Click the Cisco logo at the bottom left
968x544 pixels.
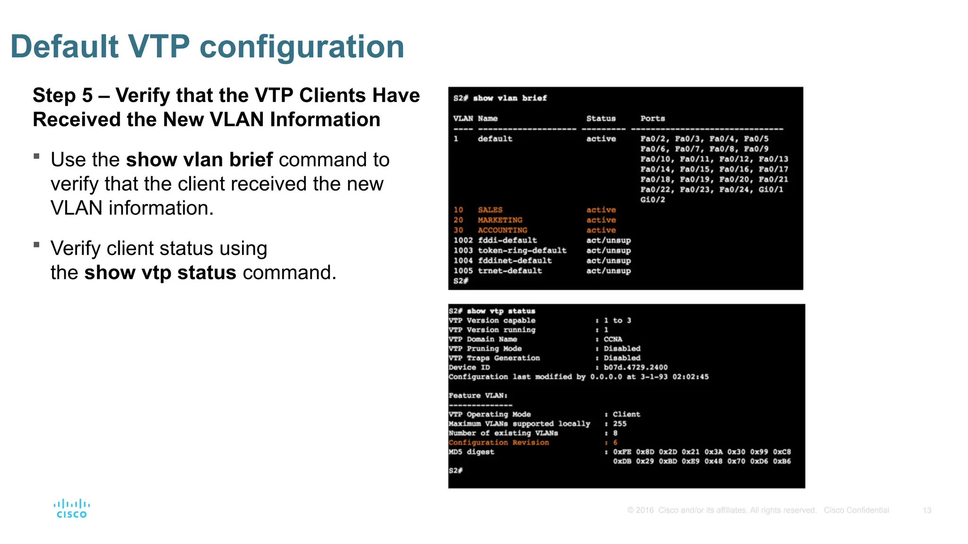tap(72, 509)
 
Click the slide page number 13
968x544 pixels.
tap(926, 510)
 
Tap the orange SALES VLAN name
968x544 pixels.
tap(490, 210)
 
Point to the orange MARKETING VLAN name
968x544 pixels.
tap(500, 220)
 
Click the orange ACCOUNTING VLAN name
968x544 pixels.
tap(502, 230)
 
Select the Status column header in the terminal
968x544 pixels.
tap(601, 119)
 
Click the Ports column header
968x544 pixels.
tap(652, 119)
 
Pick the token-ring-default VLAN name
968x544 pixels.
tap(522, 250)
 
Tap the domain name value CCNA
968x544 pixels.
tap(613, 339)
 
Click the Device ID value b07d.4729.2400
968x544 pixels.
tap(636, 367)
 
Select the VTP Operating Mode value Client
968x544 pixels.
tap(626, 414)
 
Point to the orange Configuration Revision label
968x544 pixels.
tap(499, 442)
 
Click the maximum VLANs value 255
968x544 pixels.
tap(620, 424)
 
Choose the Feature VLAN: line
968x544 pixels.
tap(478, 396)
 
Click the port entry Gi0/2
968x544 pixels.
tap(652, 200)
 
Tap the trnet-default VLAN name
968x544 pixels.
tap(510, 271)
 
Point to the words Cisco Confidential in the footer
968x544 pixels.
tap(856, 510)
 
